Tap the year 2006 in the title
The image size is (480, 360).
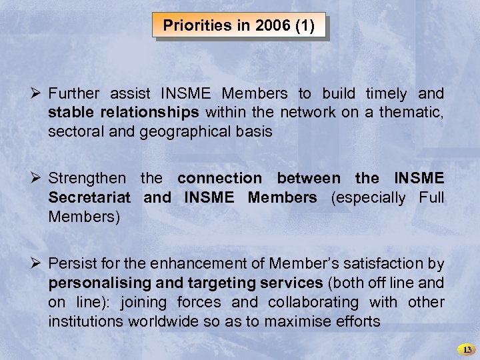263,26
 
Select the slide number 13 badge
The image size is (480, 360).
467,349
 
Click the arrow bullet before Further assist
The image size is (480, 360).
37,93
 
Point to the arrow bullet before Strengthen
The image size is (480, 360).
37,178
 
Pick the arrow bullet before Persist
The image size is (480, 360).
37,263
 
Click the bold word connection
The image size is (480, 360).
220,178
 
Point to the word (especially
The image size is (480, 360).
368,197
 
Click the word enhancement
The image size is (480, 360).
204,263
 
